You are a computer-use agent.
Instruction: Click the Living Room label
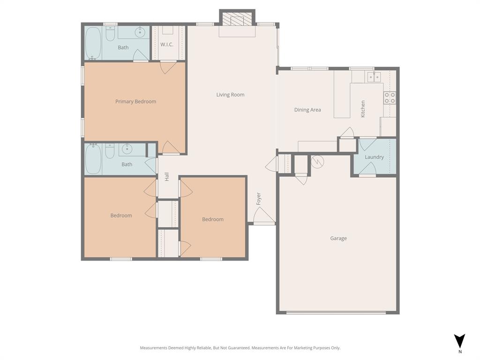[x=230, y=95]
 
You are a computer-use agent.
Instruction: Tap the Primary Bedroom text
[x=135, y=102]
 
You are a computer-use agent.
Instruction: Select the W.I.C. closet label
[x=167, y=45]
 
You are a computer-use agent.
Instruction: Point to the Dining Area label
[x=307, y=110]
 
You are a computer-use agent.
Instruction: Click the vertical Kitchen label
[x=363, y=109]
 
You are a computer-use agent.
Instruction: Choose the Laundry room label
[x=374, y=157]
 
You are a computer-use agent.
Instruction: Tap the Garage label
[x=338, y=239]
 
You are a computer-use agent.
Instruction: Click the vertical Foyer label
[x=258, y=198]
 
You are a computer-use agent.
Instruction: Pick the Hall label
[x=166, y=177]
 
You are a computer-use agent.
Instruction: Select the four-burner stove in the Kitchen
[x=390, y=97]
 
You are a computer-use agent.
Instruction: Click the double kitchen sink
[x=374, y=77]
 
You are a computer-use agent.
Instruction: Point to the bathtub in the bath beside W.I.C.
[x=93, y=43]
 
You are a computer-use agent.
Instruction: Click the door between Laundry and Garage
[x=367, y=169]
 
